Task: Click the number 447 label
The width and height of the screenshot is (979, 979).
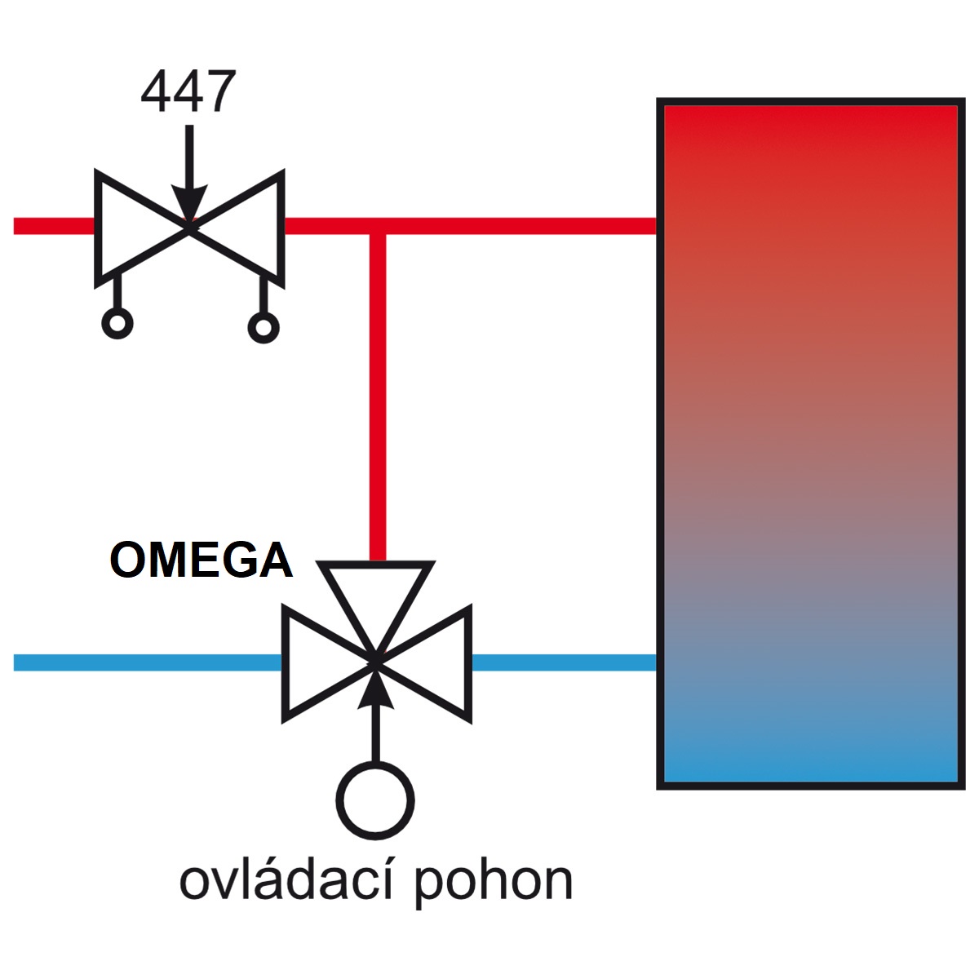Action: point(188,91)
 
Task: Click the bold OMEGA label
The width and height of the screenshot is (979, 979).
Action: point(202,560)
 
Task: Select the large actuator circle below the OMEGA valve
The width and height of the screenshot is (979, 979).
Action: point(375,801)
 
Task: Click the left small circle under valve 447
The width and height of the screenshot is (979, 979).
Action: point(117,323)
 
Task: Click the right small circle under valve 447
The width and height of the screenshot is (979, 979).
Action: point(264,327)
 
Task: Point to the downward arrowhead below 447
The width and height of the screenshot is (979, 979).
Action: point(189,203)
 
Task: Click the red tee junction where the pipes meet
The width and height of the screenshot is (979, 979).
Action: point(378,227)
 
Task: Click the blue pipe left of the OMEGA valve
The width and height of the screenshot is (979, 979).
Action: point(148,662)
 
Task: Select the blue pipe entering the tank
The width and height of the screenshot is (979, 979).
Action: point(565,662)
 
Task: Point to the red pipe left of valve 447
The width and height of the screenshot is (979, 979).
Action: point(54,226)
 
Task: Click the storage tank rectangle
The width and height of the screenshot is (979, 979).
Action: point(811,444)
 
